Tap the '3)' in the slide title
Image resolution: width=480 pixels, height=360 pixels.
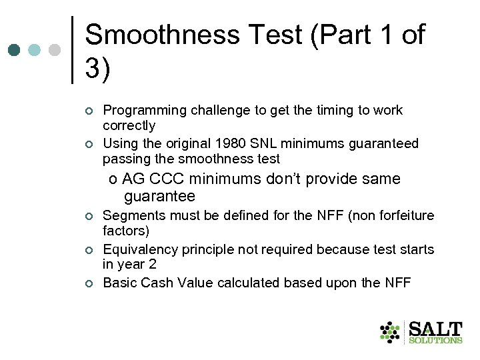click(x=99, y=68)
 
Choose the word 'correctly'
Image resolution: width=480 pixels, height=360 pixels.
click(x=129, y=125)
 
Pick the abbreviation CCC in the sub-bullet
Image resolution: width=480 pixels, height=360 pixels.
click(x=167, y=179)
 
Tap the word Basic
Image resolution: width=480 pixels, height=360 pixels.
click(x=120, y=283)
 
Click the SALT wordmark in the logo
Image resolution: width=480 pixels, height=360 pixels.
click(x=435, y=328)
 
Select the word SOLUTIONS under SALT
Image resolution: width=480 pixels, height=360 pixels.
click(x=435, y=340)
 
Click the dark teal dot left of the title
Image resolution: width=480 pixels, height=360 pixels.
click(x=14, y=50)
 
